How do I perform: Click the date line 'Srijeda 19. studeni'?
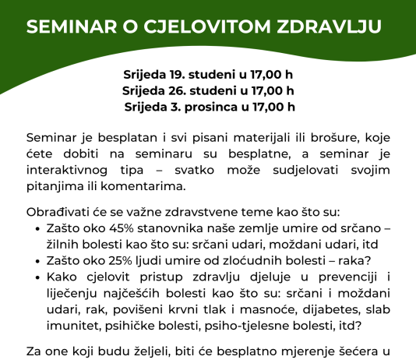(208, 76)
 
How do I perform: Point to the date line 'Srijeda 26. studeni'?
(208, 90)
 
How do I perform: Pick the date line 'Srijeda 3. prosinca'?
(210, 106)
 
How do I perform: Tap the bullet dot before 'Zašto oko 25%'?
(40, 261)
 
